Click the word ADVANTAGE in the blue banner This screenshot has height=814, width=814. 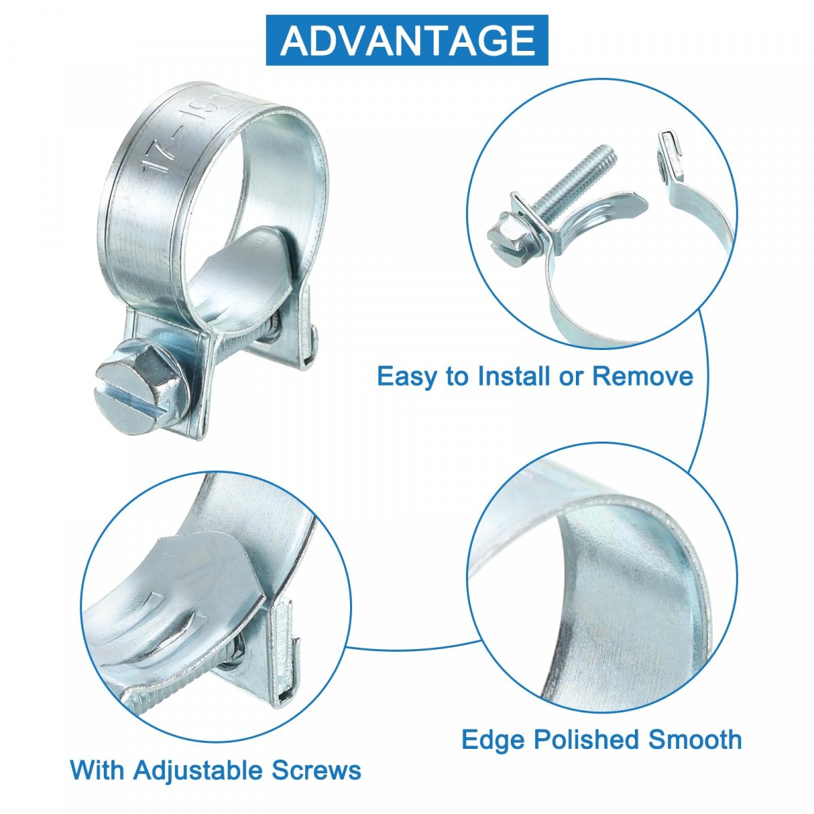[408, 41]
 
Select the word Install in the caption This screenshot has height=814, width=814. [513, 376]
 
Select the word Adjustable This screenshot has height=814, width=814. [197, 771]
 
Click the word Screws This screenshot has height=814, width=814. [316, 771]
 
